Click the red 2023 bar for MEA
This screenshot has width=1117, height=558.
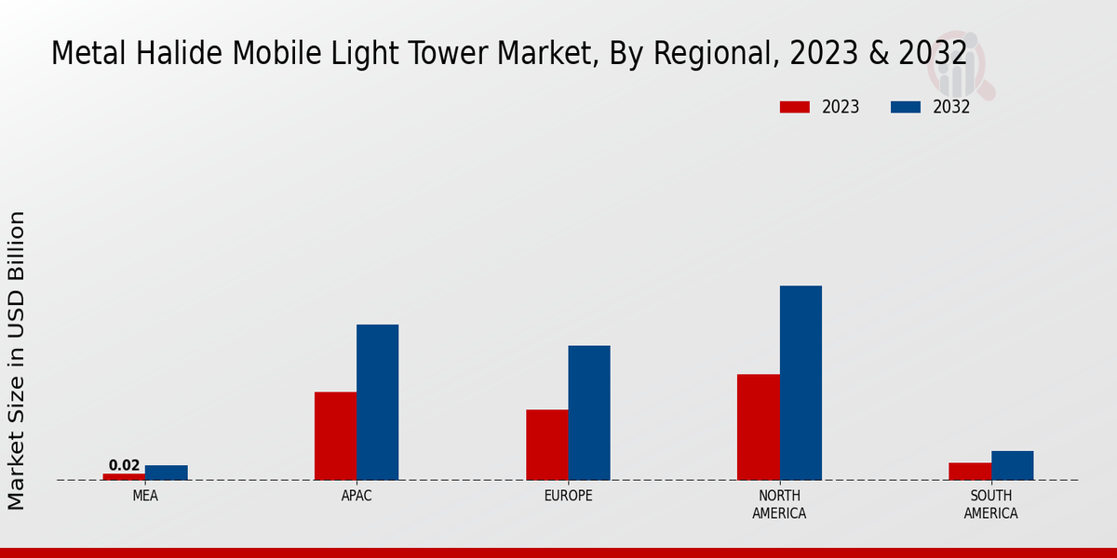click(x=124, y=476)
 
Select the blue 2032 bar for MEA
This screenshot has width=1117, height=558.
click(x=166, y=472)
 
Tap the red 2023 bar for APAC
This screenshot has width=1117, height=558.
click(x=335, y=436)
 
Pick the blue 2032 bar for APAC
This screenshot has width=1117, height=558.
click(x=377, y=402)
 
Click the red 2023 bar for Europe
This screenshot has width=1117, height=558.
click(x=546, y=445)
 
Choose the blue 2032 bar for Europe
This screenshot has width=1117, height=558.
click(x=589, y=413)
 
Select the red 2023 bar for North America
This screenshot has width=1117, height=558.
click(x=758, y=427)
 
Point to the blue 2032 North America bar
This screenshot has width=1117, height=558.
click(x=801, y=382)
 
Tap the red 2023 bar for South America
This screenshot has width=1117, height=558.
click(x=969, y=472)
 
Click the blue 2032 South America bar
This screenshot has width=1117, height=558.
click(x=1012, y=465)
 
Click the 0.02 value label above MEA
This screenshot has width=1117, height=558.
click(x=124, y=465)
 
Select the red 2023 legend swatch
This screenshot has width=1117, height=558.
click(x=795, y=107)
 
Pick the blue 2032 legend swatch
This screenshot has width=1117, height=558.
click(x=906, y=107)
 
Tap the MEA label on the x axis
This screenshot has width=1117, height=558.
click(x=145, y=496)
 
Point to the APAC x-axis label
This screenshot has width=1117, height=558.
click(x=357, y=496)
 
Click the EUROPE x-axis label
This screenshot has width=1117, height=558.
click(x=568, y=496)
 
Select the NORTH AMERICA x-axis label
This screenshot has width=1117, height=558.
click(x=779, y=504)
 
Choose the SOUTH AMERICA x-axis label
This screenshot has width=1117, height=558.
click(x=990, y=504)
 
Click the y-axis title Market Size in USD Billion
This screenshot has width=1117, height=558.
click(x=18, y=360)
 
